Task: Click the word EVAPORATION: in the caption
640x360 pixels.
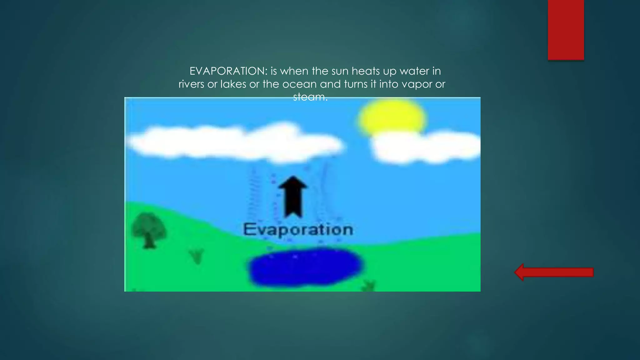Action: [x=228, y=71]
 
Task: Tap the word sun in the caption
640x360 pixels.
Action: [x=340, y=71]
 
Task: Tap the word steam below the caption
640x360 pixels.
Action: [x=309, y=97]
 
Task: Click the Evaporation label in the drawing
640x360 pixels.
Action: [x=298, y=229]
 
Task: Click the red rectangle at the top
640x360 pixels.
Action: [x=566, y=30]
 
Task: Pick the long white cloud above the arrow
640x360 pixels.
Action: [x=234, y=142]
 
